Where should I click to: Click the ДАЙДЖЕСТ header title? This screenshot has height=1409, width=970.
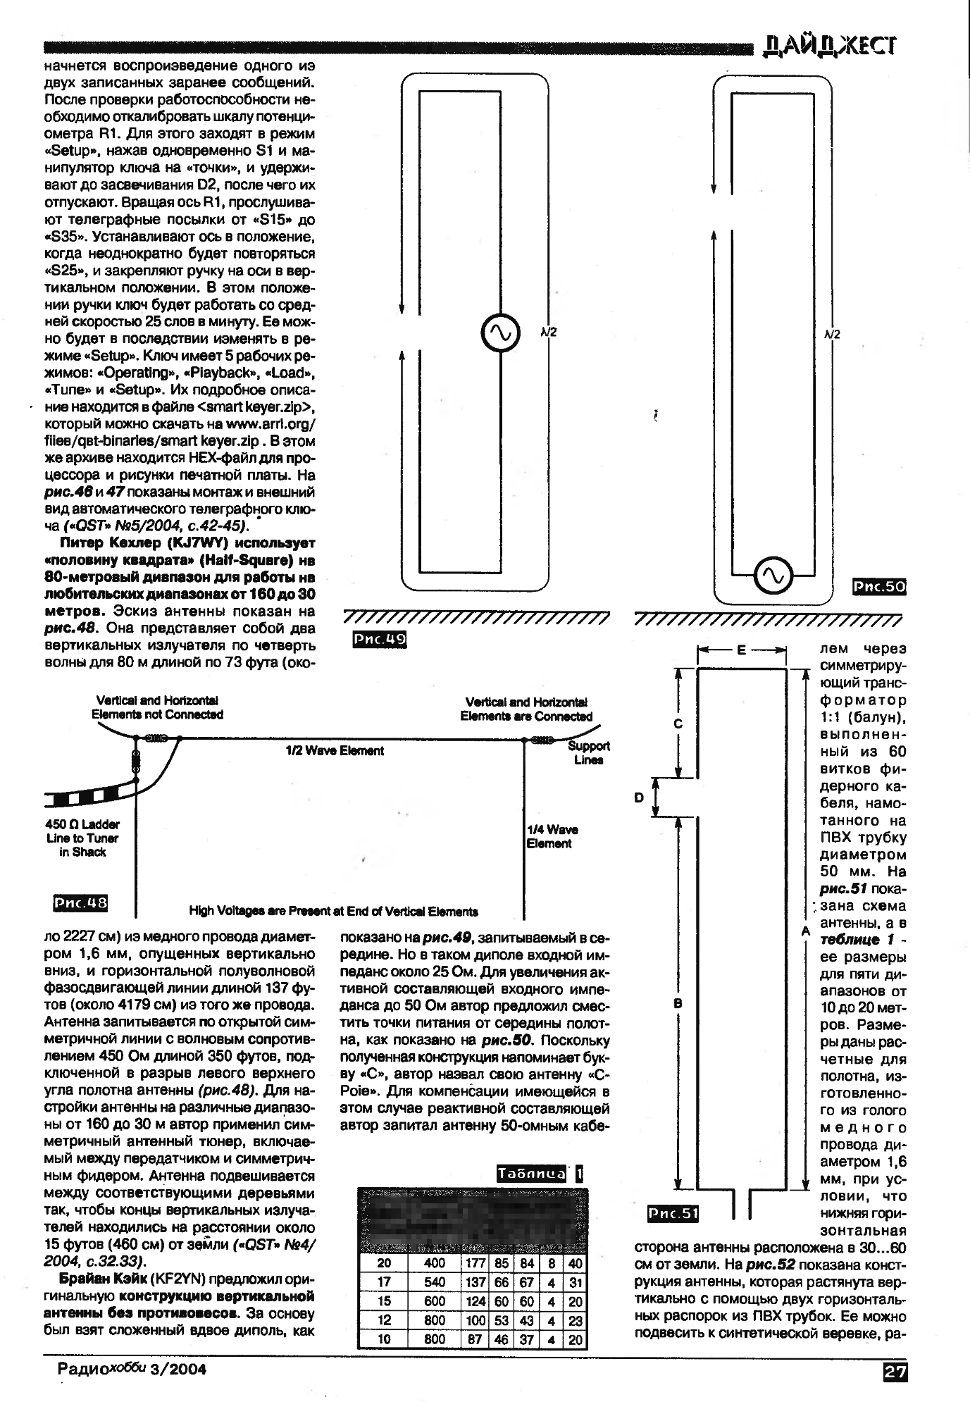click(831, 46)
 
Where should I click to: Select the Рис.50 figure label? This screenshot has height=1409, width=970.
click(878, 587)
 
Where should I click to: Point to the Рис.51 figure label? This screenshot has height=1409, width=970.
click(673, 1213)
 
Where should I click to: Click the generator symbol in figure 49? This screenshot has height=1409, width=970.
click(499, 333)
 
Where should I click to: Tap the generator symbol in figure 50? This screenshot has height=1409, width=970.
click(773, 576)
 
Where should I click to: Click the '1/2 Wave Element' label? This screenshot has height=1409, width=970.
click(335, 751)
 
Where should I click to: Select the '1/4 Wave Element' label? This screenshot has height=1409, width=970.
click(552, 836)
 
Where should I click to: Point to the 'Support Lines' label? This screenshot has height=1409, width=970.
click(588, 753)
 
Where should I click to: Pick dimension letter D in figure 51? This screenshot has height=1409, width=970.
click(639, 797)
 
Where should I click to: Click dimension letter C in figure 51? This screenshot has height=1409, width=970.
click(678, 724)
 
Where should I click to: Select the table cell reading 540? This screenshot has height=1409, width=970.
click(435, 1282)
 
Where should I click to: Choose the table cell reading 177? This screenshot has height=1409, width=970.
click(475, 1264)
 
